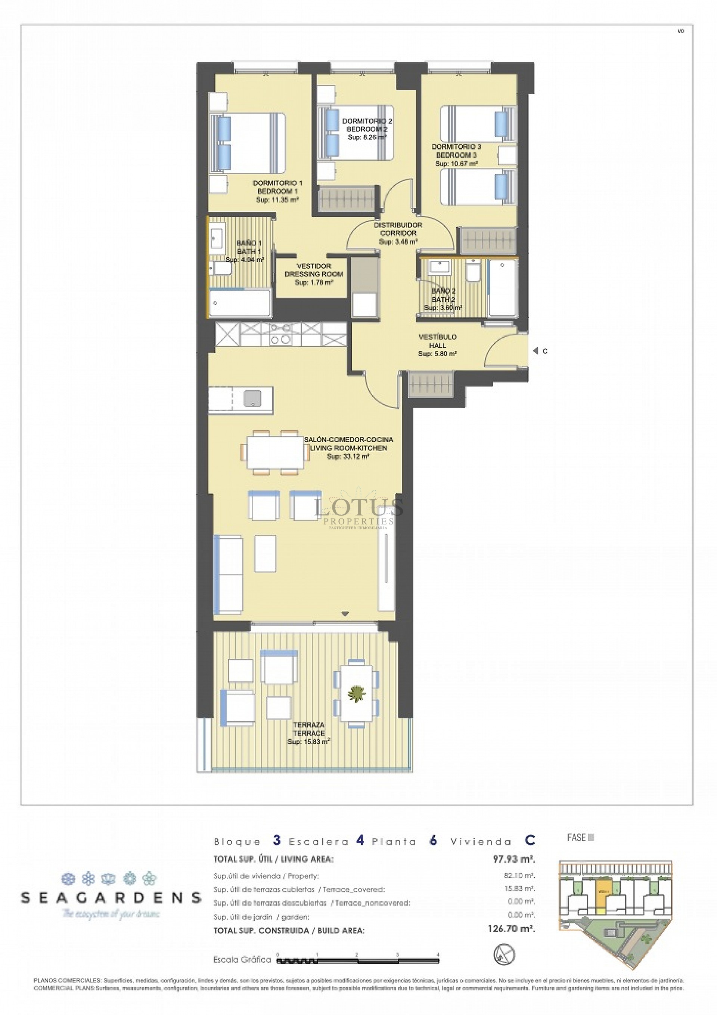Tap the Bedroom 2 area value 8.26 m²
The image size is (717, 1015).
[366, 137]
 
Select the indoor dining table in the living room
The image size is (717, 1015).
[275, 452]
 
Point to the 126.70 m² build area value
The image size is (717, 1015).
[510, 929]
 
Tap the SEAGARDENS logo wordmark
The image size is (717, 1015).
[111, 898]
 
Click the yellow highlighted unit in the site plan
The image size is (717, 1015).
[602, 902]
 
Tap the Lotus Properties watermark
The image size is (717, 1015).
[358, 513]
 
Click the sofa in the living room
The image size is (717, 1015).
[228, 573]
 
